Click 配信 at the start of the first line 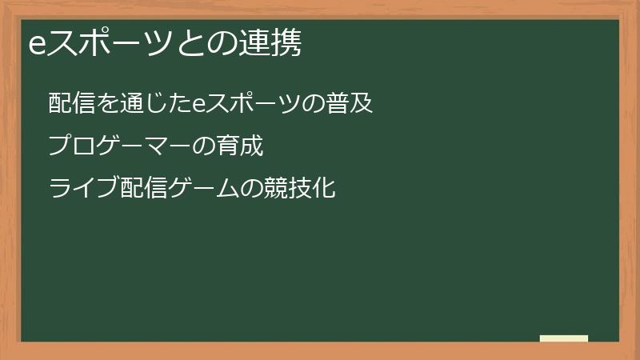tap(70, 103)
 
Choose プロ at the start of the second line tap(70, 146)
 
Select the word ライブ tap(80, 189)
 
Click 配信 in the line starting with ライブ tap(134, 189)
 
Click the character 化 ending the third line tap(324, 189)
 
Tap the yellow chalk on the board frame tap(564, 338)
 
